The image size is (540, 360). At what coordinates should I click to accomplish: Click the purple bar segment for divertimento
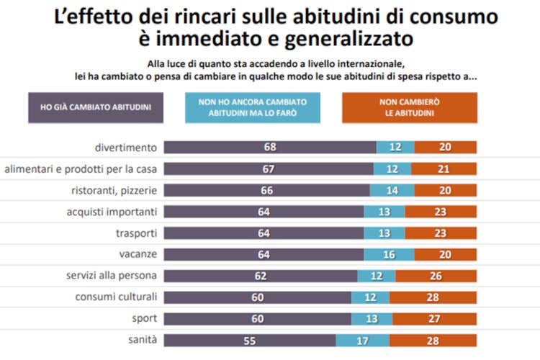(x=270, y=148)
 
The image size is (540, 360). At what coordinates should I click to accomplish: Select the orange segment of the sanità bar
(x=433, y=340)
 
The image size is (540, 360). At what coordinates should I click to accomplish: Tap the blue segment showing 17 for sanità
(x=362, y=340)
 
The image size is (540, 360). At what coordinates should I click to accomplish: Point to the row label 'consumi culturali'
(x=116, y=297)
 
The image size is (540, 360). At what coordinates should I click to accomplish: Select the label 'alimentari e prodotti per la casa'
(x=81, y=169)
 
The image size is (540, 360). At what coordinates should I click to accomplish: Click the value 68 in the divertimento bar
(x=270, y=148)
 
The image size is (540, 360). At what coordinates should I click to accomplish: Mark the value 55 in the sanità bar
(x=250, y=340)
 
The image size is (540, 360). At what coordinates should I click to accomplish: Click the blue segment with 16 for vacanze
(x=389, y=254)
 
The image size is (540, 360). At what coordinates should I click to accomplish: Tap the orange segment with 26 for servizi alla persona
(x=436, y=276)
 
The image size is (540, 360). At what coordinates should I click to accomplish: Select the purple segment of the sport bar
(x=258, y=318)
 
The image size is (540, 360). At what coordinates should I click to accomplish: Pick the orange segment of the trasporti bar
(x=441, y=233)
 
